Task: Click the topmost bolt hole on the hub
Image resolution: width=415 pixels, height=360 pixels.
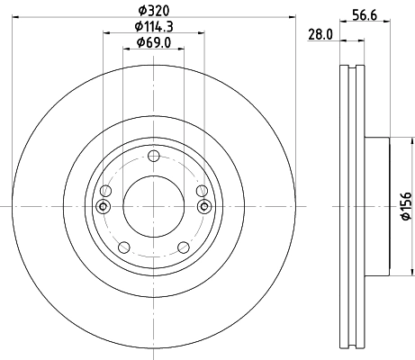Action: tap(153, 157)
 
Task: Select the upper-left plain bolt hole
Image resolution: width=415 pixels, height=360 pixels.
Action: tap(105, 191)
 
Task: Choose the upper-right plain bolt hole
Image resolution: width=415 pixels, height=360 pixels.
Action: tap(201, 191)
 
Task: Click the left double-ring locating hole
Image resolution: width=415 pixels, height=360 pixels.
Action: tap(103, 207)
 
